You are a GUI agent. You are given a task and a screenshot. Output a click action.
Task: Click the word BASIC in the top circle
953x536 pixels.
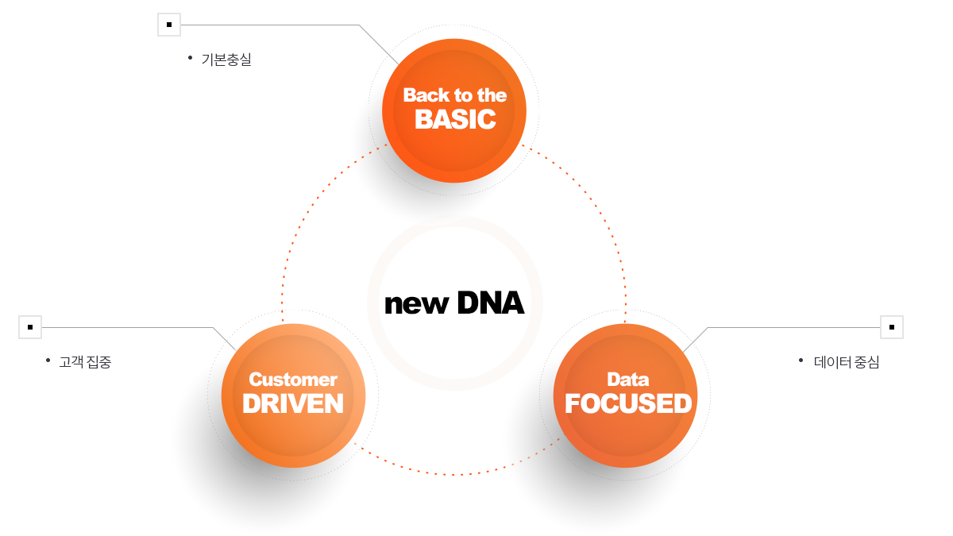coord(455,119)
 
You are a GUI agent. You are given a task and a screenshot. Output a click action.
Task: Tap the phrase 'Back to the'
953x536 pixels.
coord(455,95)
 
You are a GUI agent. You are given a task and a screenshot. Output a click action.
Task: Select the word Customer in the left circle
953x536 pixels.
coord(293,380)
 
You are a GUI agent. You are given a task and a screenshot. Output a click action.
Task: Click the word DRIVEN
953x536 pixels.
coord(293,403)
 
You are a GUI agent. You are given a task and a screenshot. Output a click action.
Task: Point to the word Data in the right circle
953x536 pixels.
coord(628,380)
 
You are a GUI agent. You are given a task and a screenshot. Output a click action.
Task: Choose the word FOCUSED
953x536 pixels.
coord(628,403)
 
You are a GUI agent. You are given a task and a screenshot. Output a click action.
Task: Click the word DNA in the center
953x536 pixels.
coord(491,303)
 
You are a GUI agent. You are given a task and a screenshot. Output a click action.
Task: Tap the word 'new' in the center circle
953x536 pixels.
coord(416,305)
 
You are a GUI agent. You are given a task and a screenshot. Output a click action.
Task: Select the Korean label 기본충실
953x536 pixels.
coord(226,60)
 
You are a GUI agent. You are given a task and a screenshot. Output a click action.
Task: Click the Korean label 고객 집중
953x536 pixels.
coord(85,362)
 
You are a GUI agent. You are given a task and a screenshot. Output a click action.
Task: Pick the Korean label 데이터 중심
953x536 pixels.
coord(847,362)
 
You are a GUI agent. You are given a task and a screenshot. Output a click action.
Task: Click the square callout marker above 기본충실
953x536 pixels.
coord(169,25)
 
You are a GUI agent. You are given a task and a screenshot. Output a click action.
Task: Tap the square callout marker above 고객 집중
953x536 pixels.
coord(30,327)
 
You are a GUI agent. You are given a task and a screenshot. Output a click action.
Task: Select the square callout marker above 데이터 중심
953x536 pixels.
coord(892,327)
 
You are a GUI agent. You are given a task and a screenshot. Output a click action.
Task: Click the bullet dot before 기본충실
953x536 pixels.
coord(190,57)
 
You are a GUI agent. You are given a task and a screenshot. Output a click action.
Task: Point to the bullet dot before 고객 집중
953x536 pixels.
coord(48,361)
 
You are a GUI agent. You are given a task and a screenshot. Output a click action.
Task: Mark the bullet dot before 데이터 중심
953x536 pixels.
coord(801,361)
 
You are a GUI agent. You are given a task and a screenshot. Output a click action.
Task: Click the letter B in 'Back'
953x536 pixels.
coord(410,95)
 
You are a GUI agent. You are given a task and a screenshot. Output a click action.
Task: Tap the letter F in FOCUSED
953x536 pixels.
coord(573,403)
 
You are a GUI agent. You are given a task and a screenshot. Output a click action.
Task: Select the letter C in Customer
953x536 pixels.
coord(256,380)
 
